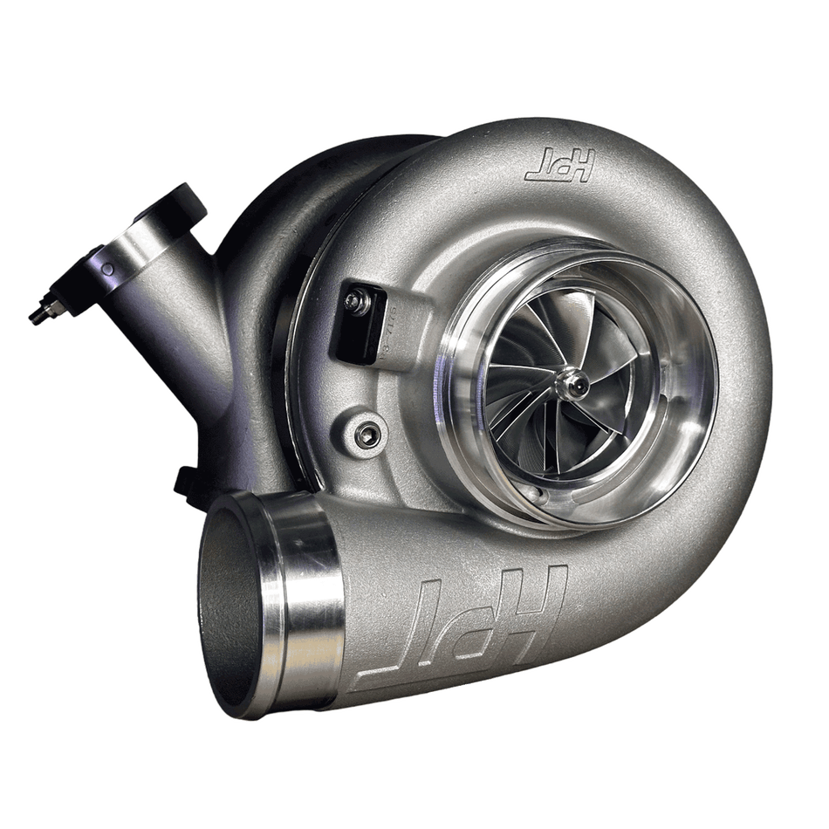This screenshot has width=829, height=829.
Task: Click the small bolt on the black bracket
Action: coord(354,302)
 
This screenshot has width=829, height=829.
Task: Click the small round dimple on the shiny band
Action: coord(107,270)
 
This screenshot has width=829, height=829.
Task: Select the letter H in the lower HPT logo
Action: coord(532,602)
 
